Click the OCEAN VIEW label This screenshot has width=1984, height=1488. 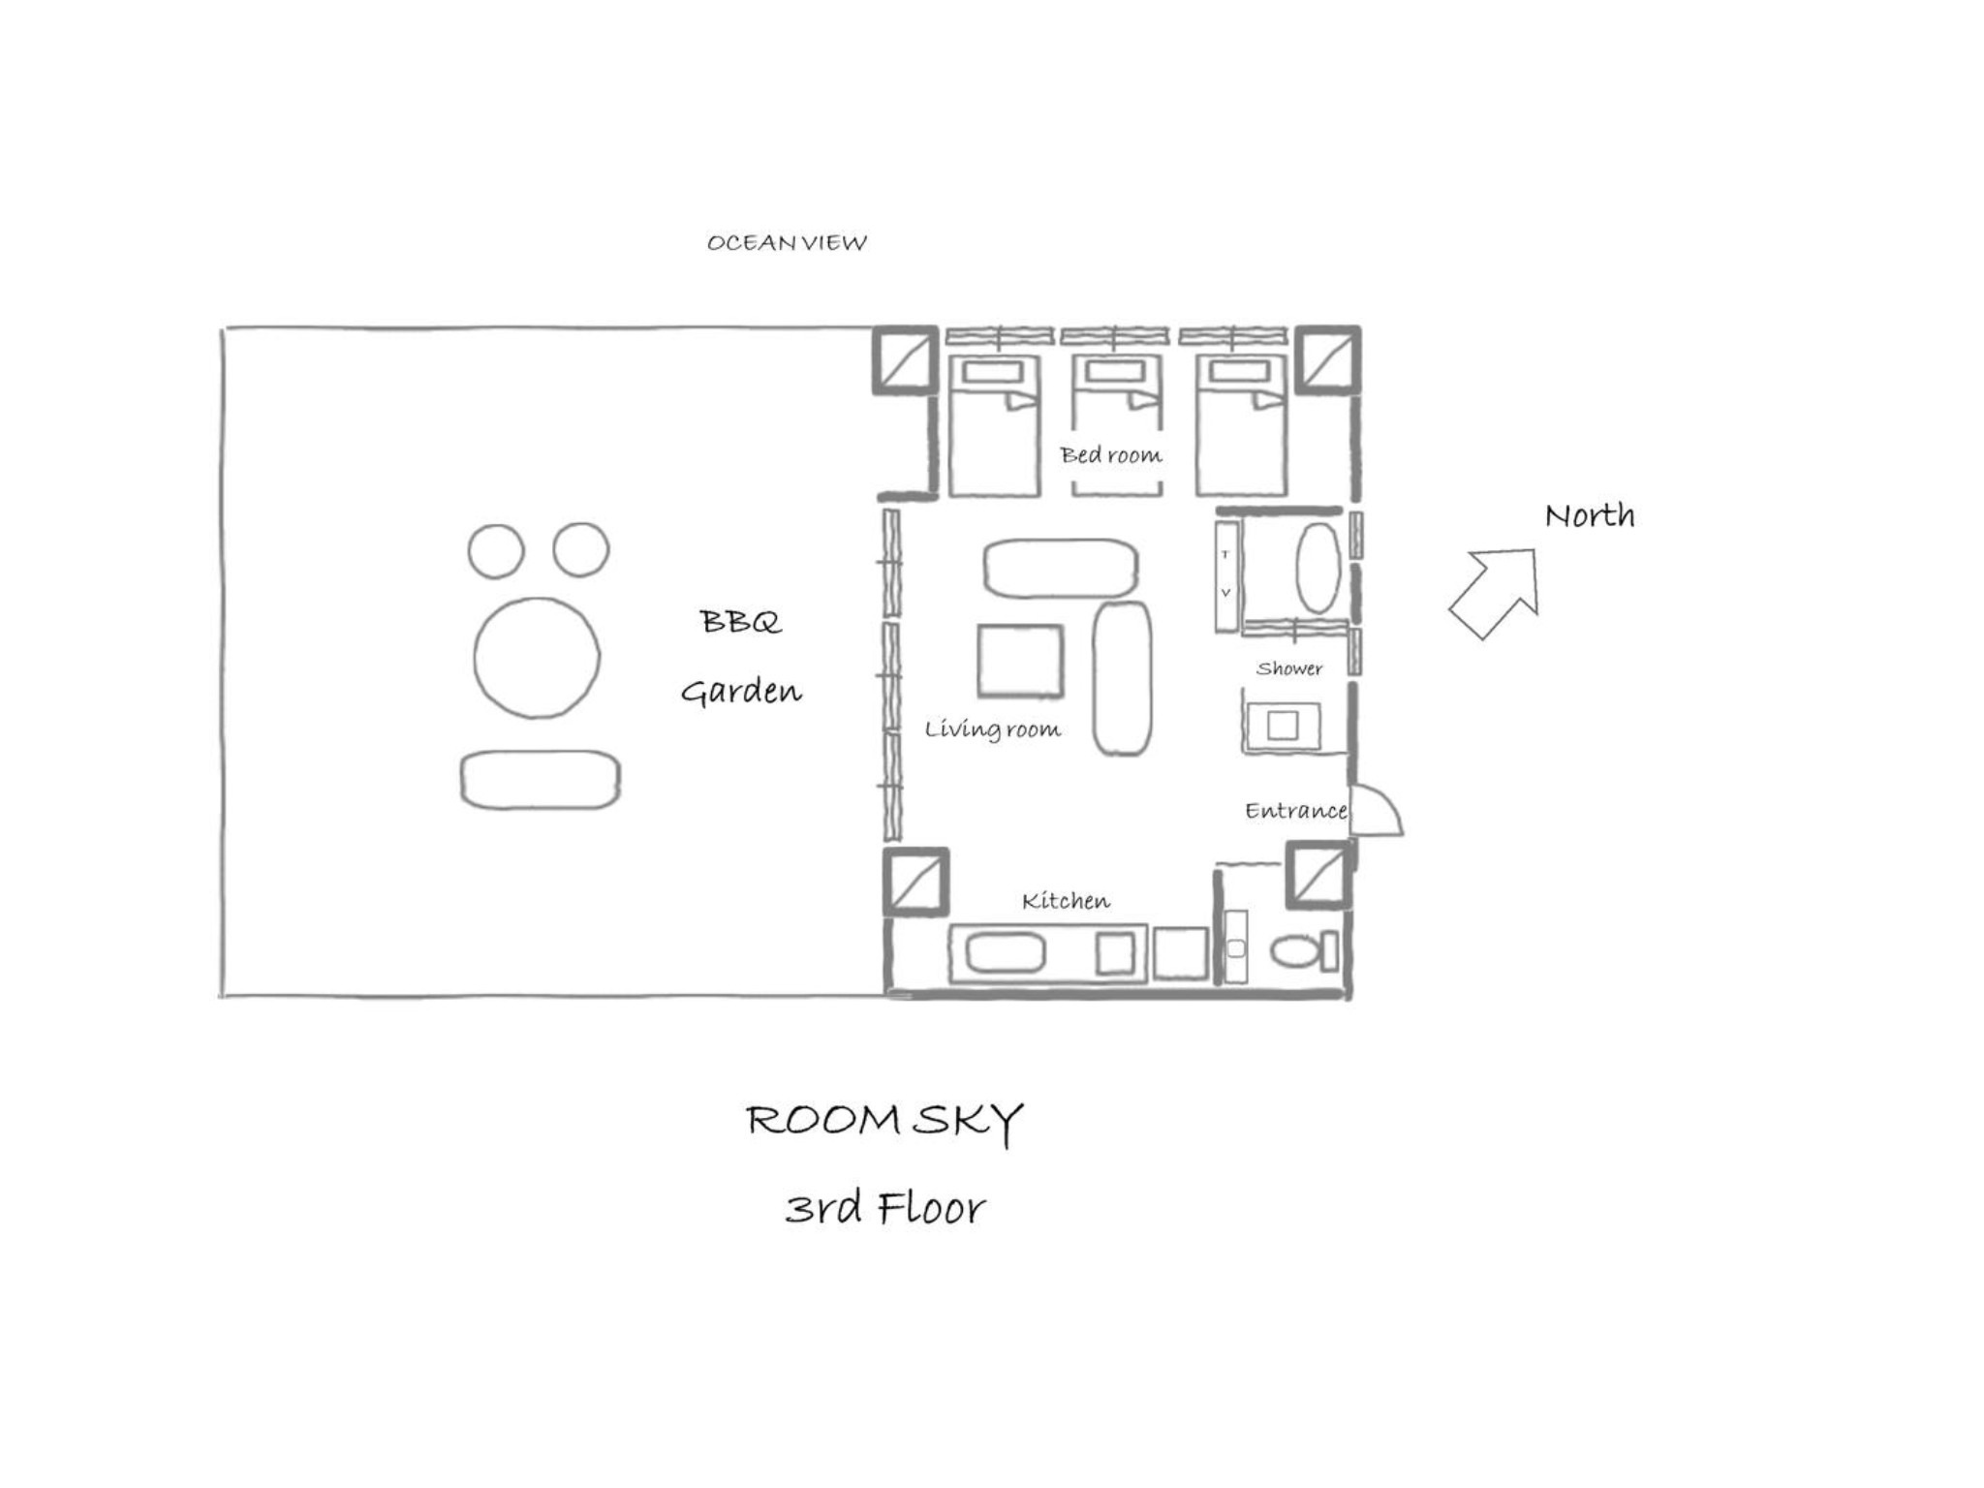(787, 242)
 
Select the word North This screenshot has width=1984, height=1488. (1590, 515)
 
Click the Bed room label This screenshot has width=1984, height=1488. (1110, 454)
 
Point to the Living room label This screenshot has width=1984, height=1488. (992, 728)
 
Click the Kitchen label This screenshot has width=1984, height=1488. (1066, 901)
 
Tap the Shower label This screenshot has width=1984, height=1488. (1289, 668)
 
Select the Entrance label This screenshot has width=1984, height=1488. (1296, 810)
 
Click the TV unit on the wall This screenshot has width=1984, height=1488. (1226, 575)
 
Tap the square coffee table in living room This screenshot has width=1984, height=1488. (1020, 662)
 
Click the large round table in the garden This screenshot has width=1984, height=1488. (537, 658)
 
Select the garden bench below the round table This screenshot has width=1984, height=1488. (541, 780)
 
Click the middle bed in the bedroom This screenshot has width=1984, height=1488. (1116, 426)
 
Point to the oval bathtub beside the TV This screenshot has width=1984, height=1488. (1318, 568)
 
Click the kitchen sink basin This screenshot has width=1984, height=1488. (1006, 954)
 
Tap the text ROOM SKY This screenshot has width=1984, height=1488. (884, 1122)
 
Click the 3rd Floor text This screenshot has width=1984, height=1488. (884, 1208)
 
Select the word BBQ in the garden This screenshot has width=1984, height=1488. (741, 621)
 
